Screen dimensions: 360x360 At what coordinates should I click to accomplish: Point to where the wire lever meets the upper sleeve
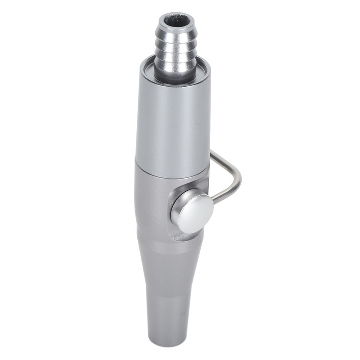click(x=211, y=153)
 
